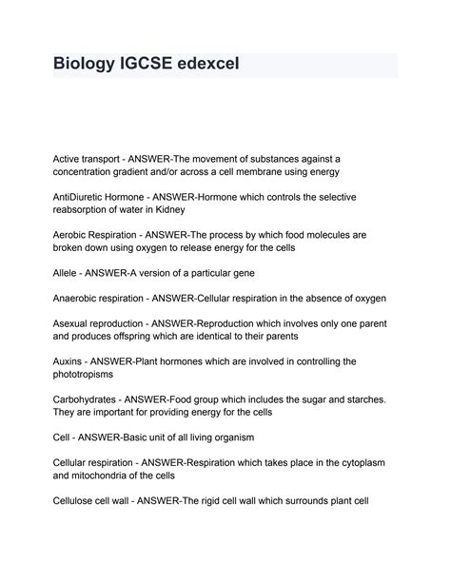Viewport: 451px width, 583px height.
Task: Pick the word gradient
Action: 141,170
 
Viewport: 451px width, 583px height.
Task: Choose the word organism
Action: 255,437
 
